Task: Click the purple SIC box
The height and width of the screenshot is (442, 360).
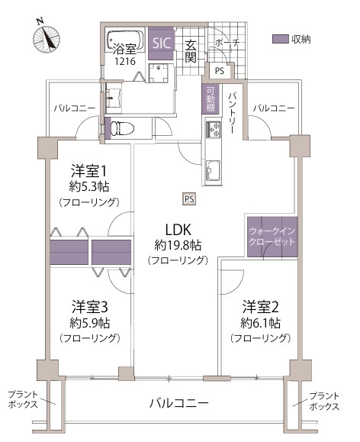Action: click(162, 44)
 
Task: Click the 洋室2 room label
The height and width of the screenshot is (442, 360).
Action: click(261, 308)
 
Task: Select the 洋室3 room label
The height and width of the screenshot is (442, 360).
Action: click(88, 308)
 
